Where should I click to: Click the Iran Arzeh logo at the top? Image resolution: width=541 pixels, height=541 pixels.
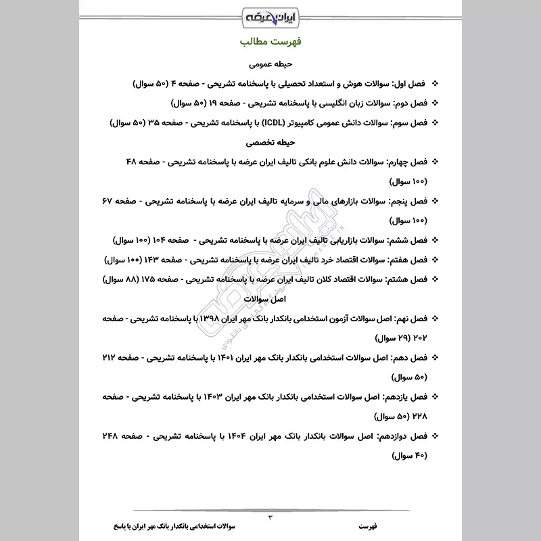pyautogui.click(x=270, y=16)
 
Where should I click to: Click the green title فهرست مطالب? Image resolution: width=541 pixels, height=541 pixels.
pyautogui.click(x=270, y=42)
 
